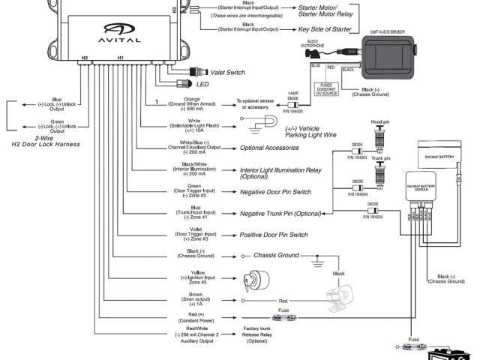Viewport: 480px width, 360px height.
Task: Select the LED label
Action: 202,84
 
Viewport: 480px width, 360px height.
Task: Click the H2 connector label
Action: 84,57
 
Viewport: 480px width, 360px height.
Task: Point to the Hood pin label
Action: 382,121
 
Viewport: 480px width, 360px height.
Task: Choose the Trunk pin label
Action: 382,157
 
